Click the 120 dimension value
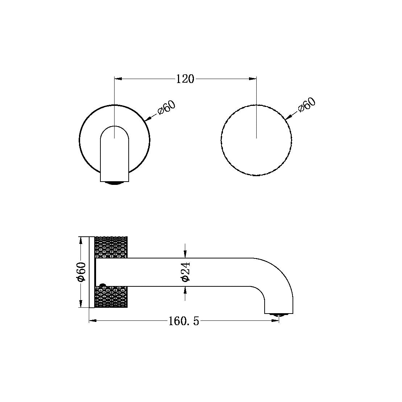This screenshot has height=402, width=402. point(185,79)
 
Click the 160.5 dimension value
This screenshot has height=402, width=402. point(184,321)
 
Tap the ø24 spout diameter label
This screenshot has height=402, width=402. point(185,272)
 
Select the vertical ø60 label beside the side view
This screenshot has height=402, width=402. point(81,272)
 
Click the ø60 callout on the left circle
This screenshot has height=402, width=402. point(166,108)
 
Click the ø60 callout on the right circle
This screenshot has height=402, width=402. point(307,105)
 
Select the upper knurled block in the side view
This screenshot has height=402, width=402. point(111,247)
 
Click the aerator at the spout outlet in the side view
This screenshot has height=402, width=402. point(278,315)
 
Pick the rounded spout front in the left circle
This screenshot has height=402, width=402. point(115,152)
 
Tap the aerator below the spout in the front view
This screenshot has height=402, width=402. point(115,183)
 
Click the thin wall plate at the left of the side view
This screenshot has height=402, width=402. point(91,272)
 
